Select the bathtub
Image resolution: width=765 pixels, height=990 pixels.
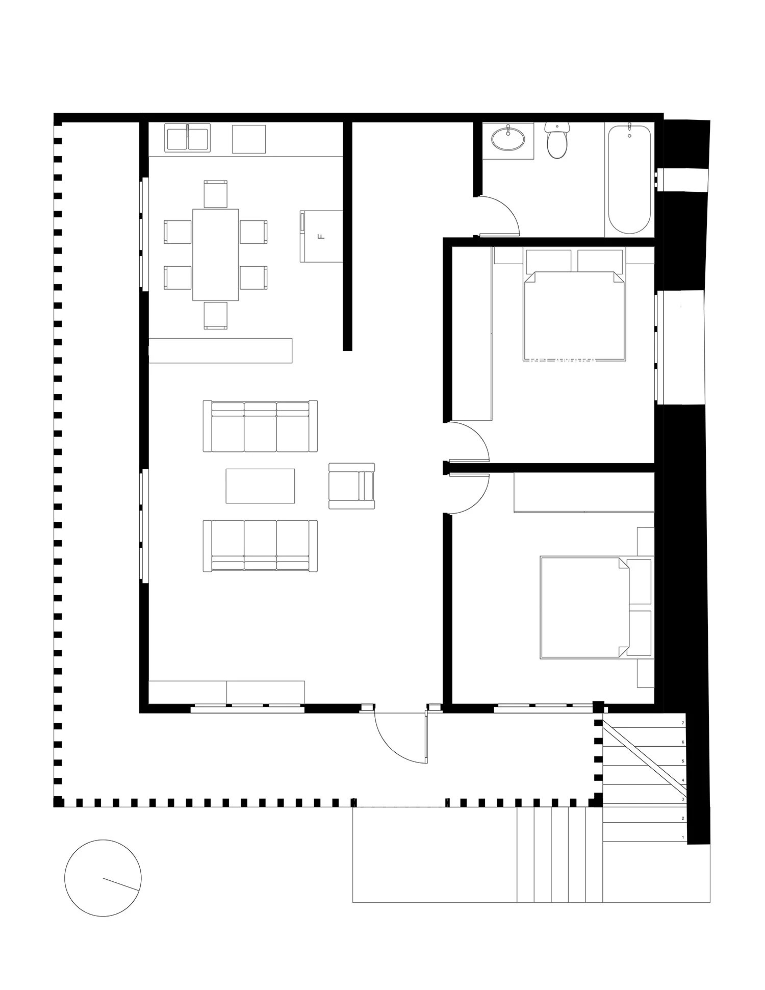(629, 179)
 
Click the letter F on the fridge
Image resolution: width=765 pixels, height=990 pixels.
(321, 237)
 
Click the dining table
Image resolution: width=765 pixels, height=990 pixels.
(216, 254)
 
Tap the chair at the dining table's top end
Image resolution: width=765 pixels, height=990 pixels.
(215, 194)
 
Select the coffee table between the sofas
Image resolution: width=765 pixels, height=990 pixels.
(260, 486)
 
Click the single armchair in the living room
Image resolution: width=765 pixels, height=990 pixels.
(351, 486)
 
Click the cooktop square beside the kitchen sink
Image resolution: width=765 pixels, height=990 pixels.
(249, 139)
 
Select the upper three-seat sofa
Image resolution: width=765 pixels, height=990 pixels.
(260, 426)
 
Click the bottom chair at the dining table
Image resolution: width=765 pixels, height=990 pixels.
(215, 315)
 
